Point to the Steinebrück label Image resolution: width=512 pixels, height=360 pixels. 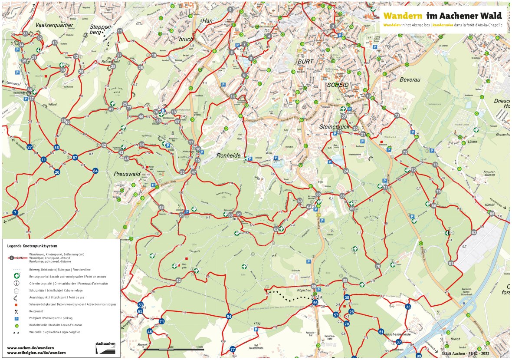(x=334, y=126)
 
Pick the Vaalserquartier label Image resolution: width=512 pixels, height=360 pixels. (x=54, y=25)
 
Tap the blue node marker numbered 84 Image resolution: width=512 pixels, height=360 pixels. (x=95, y=171)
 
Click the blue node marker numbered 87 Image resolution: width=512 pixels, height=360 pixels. (x=75, y=157)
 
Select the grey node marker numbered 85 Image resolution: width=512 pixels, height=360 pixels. (x=492, y=214)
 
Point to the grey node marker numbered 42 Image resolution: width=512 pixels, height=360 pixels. (x=104, y=145)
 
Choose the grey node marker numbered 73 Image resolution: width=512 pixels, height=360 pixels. (x=397, y=116)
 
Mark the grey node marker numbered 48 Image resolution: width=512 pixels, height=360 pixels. (x=161, y=207)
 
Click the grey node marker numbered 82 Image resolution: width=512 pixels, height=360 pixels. (x=474, y=233)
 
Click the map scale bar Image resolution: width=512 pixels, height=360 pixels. (x=174, y=349)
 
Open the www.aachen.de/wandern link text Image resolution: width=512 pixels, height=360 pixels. (x=30, y=347)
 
